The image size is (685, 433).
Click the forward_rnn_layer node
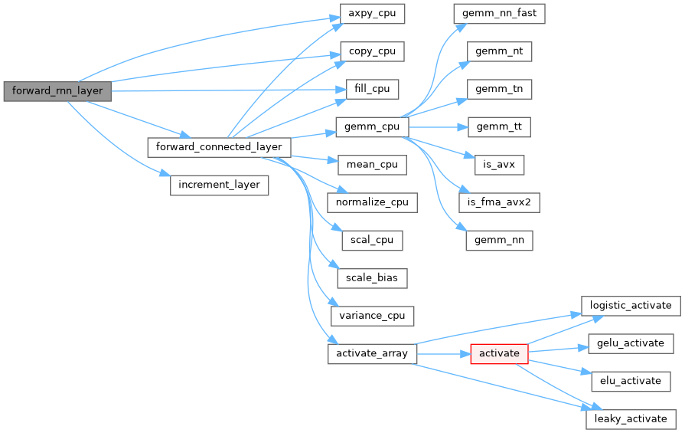pyautogui.click(x=57, y=90)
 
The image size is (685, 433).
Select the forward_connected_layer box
pyautogui.click(x=218, y=146)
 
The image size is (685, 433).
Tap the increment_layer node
pyautogui.click(x=219, y=185)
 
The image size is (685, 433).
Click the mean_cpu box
pyautogui.click(x=371, y=165)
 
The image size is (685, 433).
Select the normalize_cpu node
pyautogui.click(x=372, y=202)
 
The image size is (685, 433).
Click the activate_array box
pyautogui.click(x=372, y=353)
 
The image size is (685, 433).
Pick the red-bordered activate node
pyautogui.click(x=499, y=353)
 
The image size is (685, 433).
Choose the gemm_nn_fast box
pyautogui.click(x=499, y=14)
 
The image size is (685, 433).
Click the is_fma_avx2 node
pyautogui.click(x=499, y=202)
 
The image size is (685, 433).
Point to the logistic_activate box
pyautogui.click(x=631, y=305)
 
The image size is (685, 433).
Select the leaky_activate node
pyautogui.click(x=631, y=418)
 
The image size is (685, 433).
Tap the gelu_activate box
pyautogui.click(x=631, y=343)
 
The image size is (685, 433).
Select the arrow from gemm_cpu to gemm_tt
pyautogui.click(x=437, y=126)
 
